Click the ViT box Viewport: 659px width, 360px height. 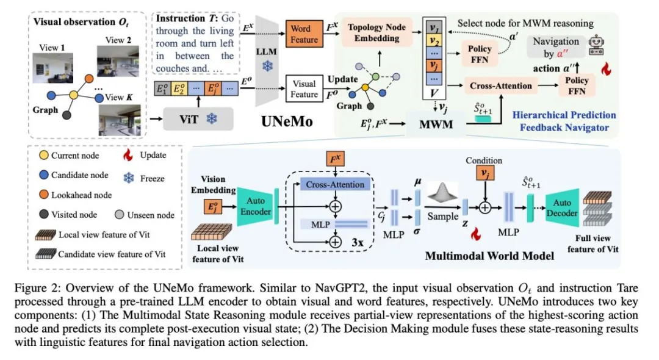[x=198, y=120]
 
